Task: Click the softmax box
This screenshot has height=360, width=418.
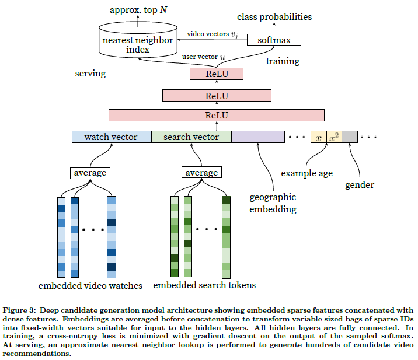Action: click(274, 40)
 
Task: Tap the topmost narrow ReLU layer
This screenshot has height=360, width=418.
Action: click(216, 74)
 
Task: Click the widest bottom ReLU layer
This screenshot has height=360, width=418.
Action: click(216, 115)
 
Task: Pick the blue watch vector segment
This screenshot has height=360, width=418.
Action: click(111, 137)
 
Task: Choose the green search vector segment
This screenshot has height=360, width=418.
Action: click(191, 137)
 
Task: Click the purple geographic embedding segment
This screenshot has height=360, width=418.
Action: click(257, 137)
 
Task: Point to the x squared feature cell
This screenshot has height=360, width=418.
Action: click(334, 137)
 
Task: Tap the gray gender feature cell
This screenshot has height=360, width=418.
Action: click(349, 137)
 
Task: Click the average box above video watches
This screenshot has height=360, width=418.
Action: click(90, 173)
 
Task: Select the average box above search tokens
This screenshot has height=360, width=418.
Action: click(201, 173)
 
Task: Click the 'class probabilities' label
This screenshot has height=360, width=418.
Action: click(274, 17)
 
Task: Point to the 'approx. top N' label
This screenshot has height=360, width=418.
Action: click(138, 11)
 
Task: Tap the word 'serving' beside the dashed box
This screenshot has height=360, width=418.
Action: click(91, 74)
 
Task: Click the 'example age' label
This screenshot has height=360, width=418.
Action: click(307, 173)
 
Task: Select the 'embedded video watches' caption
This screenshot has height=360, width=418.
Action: click(90, 286)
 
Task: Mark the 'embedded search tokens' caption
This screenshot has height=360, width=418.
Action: click(204, 286)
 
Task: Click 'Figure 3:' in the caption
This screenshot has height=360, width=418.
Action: click(22, 310)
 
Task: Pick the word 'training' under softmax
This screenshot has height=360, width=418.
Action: click(283, 61)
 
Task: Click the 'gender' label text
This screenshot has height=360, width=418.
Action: click(360, 185)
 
